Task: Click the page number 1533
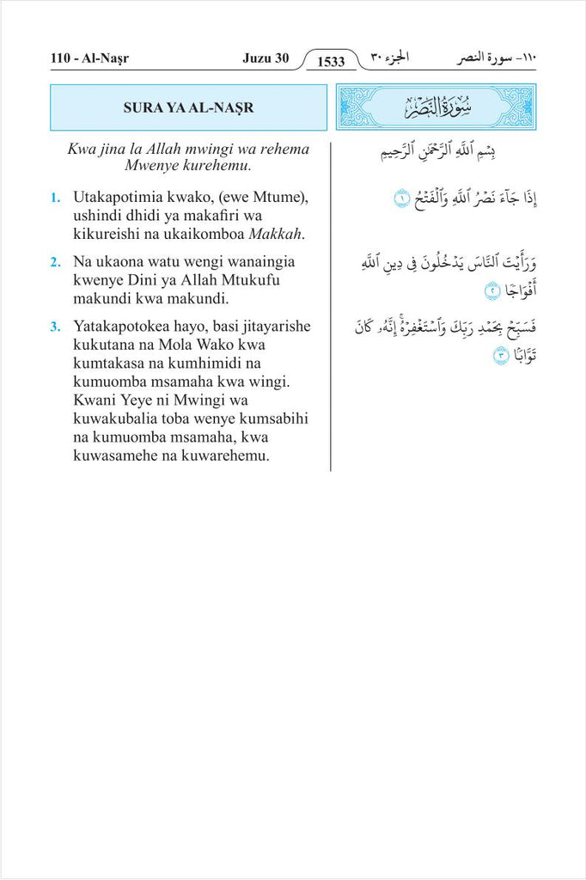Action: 331,61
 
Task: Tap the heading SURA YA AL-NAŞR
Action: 189,107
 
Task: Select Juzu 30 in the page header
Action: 266,59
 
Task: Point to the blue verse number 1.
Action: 54,199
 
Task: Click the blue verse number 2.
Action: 54,261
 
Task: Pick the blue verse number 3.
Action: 54,327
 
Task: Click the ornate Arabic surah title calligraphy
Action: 436,107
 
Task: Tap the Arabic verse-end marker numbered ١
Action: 401,200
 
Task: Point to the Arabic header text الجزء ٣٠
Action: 389,58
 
